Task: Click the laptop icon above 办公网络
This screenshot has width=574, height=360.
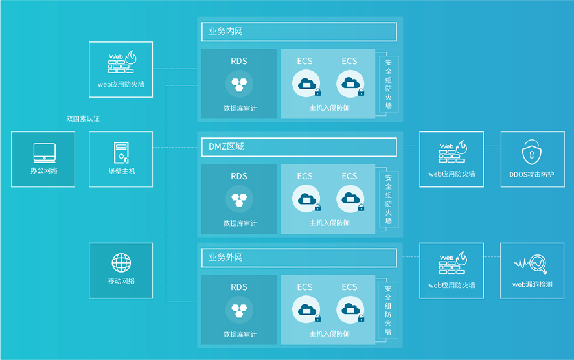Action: [43, 153]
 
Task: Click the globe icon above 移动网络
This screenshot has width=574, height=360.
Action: [121, 263]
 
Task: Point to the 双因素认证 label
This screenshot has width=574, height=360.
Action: [83, 119]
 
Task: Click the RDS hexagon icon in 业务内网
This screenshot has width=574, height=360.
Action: [239, 84]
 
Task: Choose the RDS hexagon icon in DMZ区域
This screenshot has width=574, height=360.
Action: [239, 198]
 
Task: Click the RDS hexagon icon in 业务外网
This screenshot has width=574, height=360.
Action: [239, 309]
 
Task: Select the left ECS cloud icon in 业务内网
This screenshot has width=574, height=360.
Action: [305, 84]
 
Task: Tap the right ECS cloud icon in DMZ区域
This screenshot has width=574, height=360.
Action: [350, 198]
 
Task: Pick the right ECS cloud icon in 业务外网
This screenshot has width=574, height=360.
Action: [350, 309]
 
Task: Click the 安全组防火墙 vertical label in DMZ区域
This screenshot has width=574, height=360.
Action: [389, 199]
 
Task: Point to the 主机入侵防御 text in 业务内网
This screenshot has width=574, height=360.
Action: [329, 108]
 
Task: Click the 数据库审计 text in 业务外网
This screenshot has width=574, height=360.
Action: [240, 334]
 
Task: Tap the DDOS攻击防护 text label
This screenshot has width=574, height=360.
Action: [532, 174]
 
